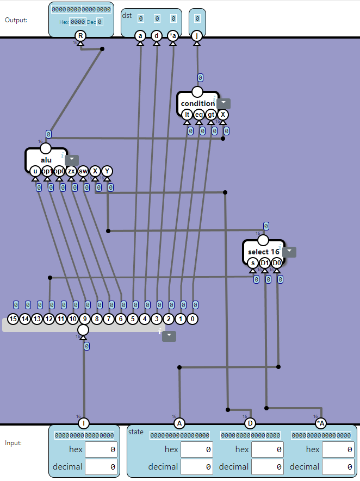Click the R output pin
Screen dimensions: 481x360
click(x=80, y=36)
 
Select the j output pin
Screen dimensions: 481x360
click(x=197, y=36)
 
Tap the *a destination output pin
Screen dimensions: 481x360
click(x=173, y=36)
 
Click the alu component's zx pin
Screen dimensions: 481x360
click(x=71, y=171)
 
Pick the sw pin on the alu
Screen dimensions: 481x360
click(x=83, y=171)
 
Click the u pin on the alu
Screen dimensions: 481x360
click(x=35, y=171)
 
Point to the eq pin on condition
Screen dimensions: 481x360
click(x=199, y=115)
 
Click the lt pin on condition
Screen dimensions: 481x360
click(x=187, y=115)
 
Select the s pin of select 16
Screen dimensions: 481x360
click(x=253, y=263)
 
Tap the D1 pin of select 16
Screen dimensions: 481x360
click(x=265, y=263)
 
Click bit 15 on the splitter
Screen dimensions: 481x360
click(x=13, y=320)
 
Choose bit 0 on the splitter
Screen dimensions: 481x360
click(x=193, y=320)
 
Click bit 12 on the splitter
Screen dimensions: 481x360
click(x=49, y=320)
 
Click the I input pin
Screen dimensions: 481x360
click(x=83, y=423)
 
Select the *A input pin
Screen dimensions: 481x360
click(x=320, y=423)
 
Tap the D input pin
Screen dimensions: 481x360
click(x=250, y=423)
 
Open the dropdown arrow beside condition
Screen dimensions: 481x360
click(x=224, y=103)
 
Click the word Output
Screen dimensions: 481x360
click(x=16, y=20)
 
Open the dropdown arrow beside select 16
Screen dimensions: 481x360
click(x=289, y=252)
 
